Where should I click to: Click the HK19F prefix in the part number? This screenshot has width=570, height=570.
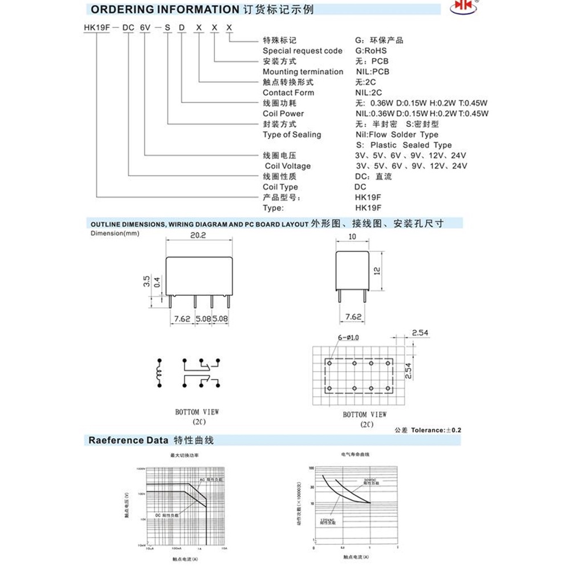coord(95,27)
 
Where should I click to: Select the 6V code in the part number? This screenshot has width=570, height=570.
coord(146,27)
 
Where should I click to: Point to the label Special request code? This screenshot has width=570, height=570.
coord(303,51)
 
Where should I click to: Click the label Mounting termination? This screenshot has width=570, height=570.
coord(303,72)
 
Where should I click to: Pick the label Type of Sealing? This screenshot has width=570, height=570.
coord(292,135)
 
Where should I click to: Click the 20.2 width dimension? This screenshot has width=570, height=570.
coord(198,234)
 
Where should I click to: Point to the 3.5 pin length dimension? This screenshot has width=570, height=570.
coord(146,280)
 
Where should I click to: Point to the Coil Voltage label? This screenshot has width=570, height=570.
coord(288,166)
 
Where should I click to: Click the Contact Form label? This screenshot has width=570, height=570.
coord(288,92)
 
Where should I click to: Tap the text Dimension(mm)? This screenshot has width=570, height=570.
coord(115,233)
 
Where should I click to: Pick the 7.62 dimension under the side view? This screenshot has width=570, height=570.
coord(353,316)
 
